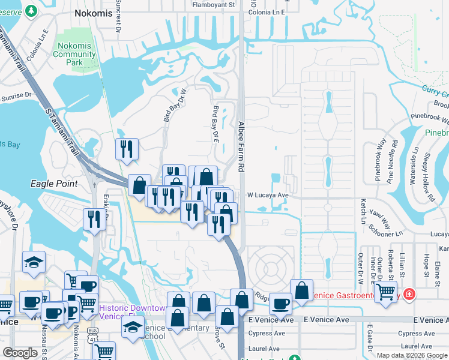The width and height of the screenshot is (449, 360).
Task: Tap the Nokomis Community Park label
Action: (74, 55)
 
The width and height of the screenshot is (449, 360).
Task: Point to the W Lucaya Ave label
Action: (268, 195)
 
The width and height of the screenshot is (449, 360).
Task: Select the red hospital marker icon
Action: (409, 294)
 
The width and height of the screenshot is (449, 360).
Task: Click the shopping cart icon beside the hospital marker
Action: (387, 290)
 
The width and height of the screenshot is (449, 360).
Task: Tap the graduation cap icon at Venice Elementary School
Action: (133, 326)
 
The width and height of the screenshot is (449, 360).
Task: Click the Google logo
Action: (19, 353)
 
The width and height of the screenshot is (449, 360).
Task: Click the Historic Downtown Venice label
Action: (133, 311)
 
